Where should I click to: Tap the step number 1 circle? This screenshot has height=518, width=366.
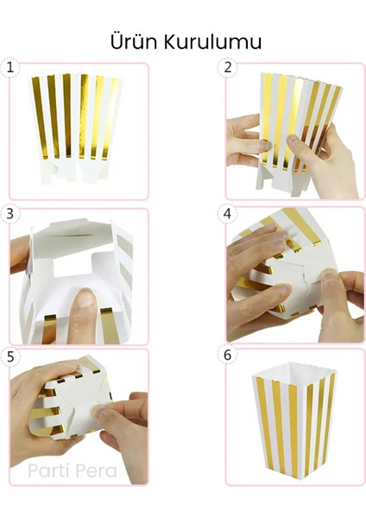(x=10, y=67)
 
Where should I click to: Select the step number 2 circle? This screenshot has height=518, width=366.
(x=228, y=67)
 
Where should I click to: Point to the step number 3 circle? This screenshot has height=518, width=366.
(x=10, y=214)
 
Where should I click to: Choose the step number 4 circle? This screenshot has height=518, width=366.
(x=228, y=214)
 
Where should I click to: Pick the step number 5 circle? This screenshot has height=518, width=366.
(x=10, y=357)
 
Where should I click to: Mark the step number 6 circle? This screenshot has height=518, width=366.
(x=228, y=356)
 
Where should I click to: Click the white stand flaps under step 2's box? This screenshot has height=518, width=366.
(x=283, y=181)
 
